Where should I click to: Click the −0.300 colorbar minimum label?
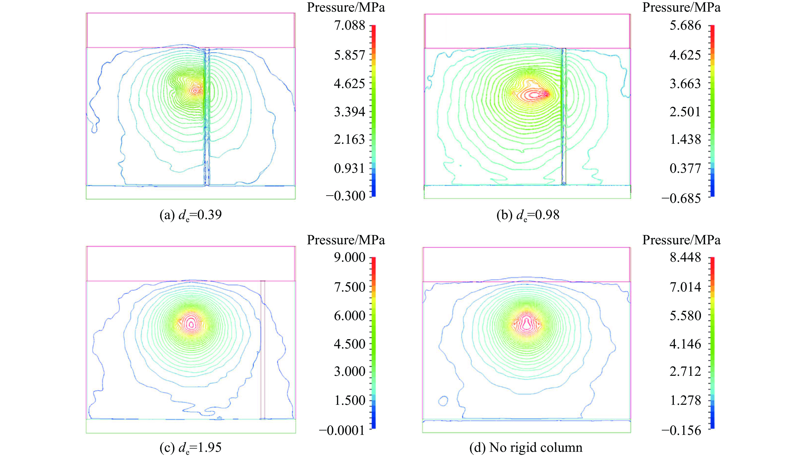point(345,196)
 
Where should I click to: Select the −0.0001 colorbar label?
point(342,430)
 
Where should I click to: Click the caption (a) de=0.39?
point(191,215)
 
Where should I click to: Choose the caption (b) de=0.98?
point(528,215)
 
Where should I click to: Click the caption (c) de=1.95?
point(191,448)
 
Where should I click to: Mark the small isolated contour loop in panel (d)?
point(443,401)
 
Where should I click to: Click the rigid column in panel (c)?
point(262,350)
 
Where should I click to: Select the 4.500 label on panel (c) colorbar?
point(349,344)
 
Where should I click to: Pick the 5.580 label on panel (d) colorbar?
point(685,315)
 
